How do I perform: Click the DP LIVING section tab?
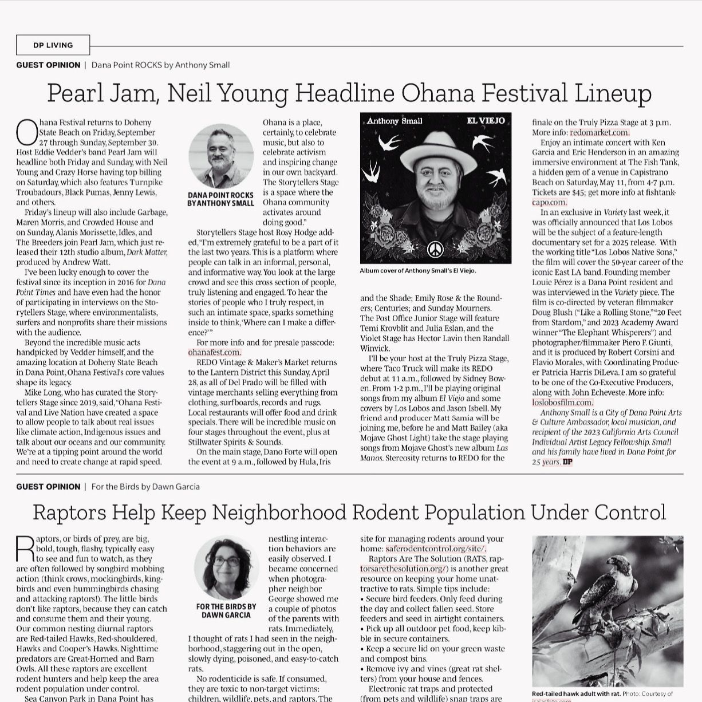tap(53, 45)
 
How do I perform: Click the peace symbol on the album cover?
tap(435, 249)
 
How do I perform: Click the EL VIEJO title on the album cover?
tap(486, 121)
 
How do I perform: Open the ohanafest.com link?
tap(215, 353)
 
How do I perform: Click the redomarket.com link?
tap(600, 132)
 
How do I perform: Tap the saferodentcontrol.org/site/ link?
tap(435, 549)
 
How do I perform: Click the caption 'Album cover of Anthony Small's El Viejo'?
tap(418, 271)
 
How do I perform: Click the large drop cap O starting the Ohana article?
tap(27, 133)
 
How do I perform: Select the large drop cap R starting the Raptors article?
tap(25, 549)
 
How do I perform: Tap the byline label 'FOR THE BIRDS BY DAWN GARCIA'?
tap(226, 610)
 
